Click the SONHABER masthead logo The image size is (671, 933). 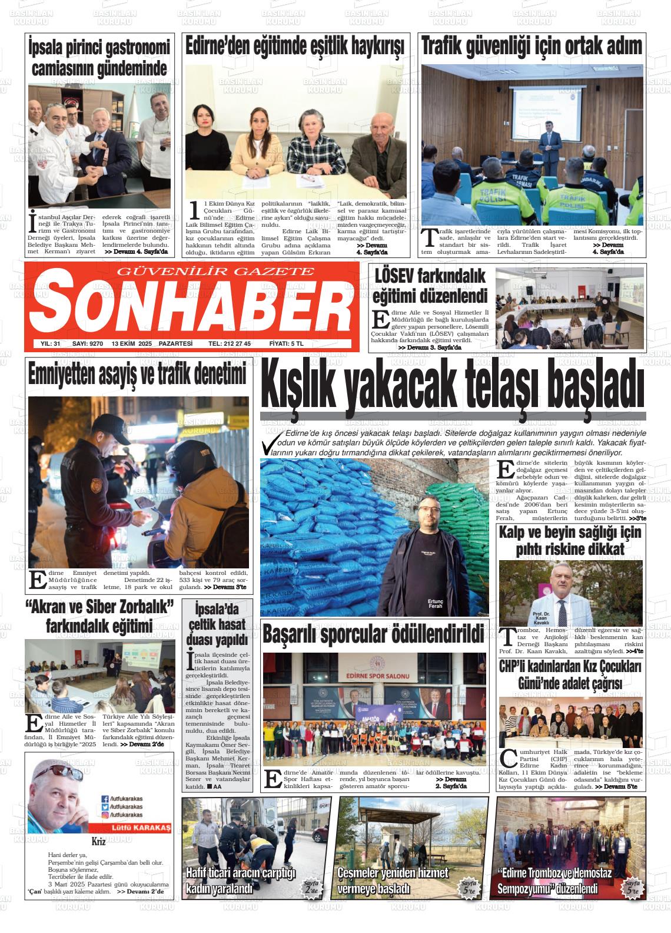click(191, 306)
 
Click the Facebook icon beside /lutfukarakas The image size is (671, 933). click(105, 799)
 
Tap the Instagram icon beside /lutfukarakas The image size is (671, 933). click(105, 815)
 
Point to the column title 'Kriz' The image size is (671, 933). click(98, 841)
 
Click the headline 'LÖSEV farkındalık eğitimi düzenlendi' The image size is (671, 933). click(430, 285)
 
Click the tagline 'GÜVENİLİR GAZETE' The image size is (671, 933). click(217, 272)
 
